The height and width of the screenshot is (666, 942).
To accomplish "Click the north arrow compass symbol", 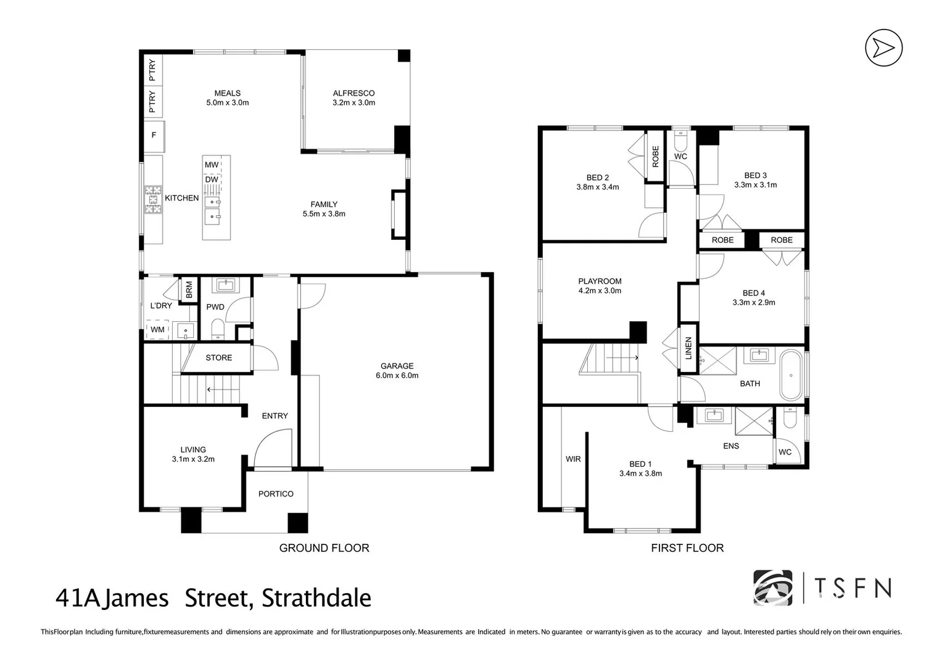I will point(883,47).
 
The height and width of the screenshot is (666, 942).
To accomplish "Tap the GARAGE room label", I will point(397,366).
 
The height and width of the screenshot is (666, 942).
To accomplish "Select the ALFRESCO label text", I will point(353,93).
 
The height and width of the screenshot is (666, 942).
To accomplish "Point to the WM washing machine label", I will point(157,330).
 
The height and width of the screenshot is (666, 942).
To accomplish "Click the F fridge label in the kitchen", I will point(154,134).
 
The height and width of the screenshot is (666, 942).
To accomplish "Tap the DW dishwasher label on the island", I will point(212,179).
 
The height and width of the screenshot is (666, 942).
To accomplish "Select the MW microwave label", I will point(212,165).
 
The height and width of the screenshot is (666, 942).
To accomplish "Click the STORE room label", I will point(218,358).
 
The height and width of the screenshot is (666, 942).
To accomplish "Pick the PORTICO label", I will point(276,494).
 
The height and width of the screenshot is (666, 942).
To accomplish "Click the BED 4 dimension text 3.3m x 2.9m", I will point(754,303).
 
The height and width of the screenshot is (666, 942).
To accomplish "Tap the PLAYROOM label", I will point(600,281).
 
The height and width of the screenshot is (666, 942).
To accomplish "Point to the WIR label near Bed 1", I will point(573,459).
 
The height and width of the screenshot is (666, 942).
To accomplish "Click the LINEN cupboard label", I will point(688,348).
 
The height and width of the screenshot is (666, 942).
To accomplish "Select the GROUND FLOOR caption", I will point(324,548).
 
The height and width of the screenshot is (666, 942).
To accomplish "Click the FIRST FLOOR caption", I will point(687,548).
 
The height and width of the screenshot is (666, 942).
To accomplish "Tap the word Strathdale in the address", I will point(316,598).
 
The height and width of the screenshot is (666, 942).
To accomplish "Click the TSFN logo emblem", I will point(772,588).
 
